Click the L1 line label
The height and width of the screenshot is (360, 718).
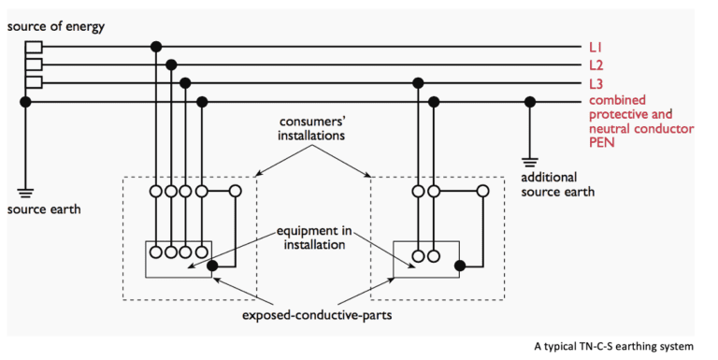[x=596, y=46]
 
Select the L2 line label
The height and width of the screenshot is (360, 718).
[x=596, y=65]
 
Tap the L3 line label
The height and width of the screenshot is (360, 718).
[x=596, y=83]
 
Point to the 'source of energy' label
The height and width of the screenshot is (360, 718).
[x=57, y=26]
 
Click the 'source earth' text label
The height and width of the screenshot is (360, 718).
[x=44, y=209]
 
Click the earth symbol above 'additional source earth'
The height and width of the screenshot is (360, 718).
[x=530, y=161]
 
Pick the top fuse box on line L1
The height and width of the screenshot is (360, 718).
[x=34, y=46]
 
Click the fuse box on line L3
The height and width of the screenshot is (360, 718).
[x=34, y=83]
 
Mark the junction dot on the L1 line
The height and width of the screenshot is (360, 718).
[x=156, y=46]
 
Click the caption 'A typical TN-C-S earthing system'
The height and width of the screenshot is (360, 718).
[x=614, y=346]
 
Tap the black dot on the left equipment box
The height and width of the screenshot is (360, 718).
[x=213, y=266]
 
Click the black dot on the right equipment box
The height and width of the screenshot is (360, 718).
[x=458, y=266]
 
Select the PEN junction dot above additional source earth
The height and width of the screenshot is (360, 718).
[x=530, y=101]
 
